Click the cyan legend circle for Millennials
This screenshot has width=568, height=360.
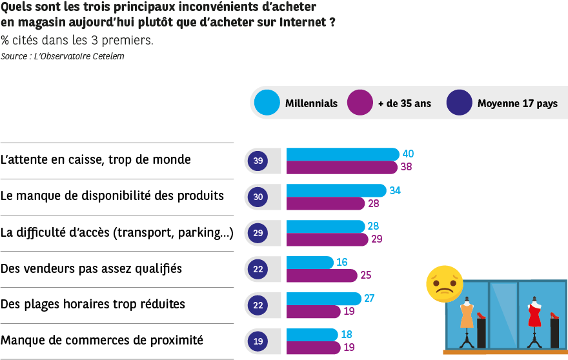pyautogui.click(x=267, y=103)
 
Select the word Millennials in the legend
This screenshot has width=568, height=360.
pyautogui.click(x=311, y=103)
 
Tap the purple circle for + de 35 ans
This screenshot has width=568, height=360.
pyautogui.click(x=360, y=103)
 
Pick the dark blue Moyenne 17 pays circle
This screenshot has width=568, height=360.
pyautogui.click(x=459, y=103)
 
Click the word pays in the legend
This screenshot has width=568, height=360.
pyautogui.click(x=547, y=103)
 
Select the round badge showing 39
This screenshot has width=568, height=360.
pyautogui.click(x=258, y=161)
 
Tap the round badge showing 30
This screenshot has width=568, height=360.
pyautogui.click(x=258, y=197)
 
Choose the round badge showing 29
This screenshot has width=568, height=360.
pyautogui.click(x=258, y=233)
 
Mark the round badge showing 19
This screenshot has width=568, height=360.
pyautogui.click(x=258, y=341)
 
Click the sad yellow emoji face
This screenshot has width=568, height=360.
pyautogui.click(x=444, y=284)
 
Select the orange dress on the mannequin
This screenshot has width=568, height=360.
pyautogui.click(x=467, y=316)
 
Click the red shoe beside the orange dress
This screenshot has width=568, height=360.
pyautogui.click(x=481, y=315)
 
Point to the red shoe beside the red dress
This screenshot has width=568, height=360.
pyautogui.click(x=554, y=315)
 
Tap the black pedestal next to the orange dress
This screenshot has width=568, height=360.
pyautogui.click(x=482, y=334)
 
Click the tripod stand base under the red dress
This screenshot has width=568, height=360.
pyautogui.click(x=534, y=343)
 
